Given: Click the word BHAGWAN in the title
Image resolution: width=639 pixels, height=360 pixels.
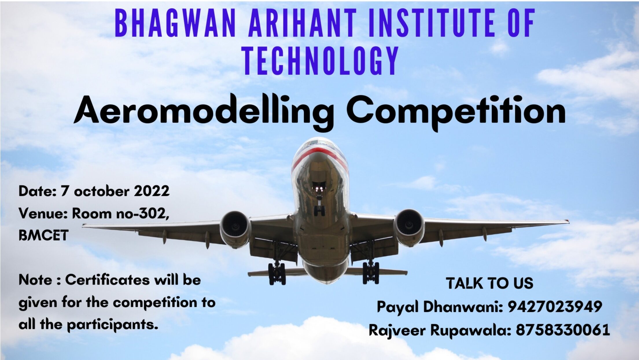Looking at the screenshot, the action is tap(175, 23).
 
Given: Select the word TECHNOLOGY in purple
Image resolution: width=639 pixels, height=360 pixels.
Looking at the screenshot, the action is tap(320, 61).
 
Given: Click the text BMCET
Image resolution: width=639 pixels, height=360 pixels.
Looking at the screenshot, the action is tap(43, 235).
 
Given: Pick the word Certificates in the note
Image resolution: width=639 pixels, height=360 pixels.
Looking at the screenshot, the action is tap(107, 280).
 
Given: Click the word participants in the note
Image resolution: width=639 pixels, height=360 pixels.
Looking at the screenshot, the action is tap(113, 325).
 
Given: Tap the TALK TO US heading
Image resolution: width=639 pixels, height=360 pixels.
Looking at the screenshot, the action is tap(489, 283).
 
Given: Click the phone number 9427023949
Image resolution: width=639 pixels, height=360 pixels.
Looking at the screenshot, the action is tap(555, 306).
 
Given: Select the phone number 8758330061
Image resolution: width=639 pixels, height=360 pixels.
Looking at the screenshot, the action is tap(563, 330).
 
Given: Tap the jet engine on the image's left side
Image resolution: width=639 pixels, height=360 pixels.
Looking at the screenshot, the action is tap(235, 229).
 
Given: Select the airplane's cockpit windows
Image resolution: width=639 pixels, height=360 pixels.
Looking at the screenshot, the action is tap(318, 142).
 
